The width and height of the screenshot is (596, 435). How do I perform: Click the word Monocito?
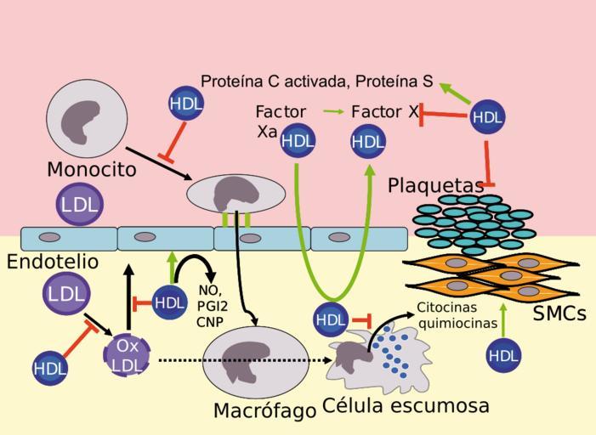pyautogui.click(x=91, y=169)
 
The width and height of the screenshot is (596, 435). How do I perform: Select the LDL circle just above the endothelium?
pyautogui.click(x=78, y=205)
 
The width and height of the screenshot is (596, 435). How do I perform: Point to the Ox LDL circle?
pyautogui.click(x=127, y=354)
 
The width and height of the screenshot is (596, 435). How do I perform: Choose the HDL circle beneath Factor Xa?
pyautogui.click(x=298, y=140)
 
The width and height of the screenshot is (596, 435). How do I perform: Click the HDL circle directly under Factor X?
pyautogui.click(x=368, y=141)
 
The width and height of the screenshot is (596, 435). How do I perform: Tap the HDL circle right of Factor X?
pyautogui.click(x=487, y=116)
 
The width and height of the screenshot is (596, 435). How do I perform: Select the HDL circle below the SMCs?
pyautogui.click(x=504, y=355)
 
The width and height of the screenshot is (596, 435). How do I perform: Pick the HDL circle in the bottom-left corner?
pyautogui.click(x=49, y=368)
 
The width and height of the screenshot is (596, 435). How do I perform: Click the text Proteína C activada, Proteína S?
pyautogui.click(x=316, y=82)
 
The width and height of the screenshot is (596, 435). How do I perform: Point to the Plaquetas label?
pyautogui.click(x=435, y=185)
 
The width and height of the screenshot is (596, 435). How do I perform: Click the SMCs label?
pyautogui.click(x=559, y=314)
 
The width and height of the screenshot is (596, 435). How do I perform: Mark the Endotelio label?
pyautogui.click(x=53, y=262)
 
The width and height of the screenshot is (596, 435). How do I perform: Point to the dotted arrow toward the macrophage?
pyautogui.click(x=247, y=360)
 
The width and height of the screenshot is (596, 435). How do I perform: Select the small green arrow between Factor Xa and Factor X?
pyautogui.click(x=333, y=111)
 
